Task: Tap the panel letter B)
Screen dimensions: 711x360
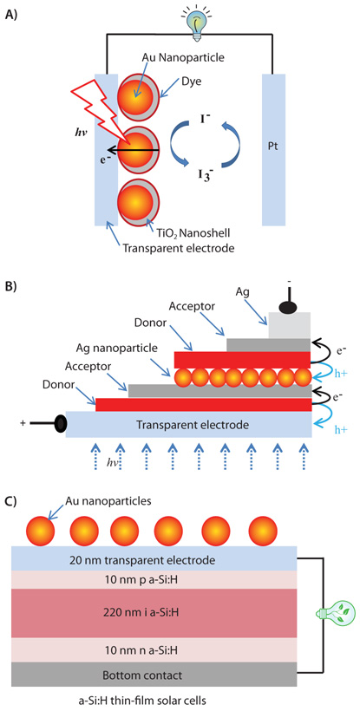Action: tap(14, 282)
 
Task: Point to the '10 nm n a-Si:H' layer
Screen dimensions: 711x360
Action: tap(155, 651)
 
